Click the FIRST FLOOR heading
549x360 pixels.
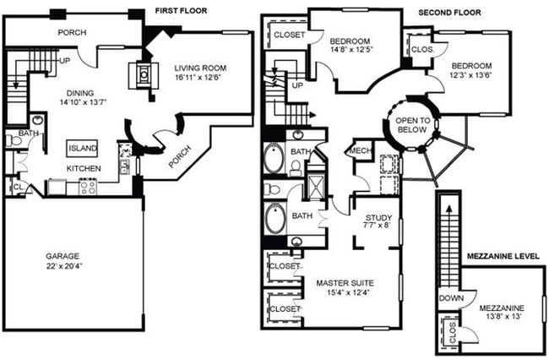point(182,11)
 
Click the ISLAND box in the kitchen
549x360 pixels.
point(84,149)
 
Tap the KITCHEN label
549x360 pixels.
point(84,169)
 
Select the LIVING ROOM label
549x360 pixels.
point(200,69)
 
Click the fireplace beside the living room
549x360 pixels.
point(143,74)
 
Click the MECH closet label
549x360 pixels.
point(356,153)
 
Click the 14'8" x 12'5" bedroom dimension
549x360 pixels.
point(349,50)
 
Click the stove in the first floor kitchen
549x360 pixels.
point(87,188)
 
